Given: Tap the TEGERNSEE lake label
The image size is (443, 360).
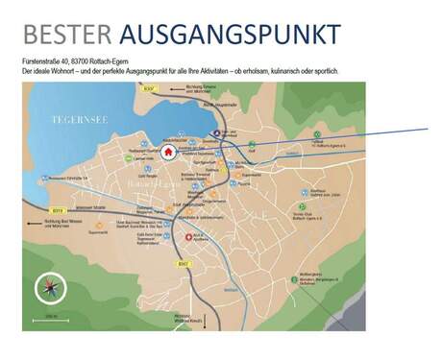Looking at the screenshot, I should pos(78,120).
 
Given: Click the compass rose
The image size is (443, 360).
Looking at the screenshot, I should pos(48,287).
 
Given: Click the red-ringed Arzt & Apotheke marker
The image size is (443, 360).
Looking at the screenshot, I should pos(199,236).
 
